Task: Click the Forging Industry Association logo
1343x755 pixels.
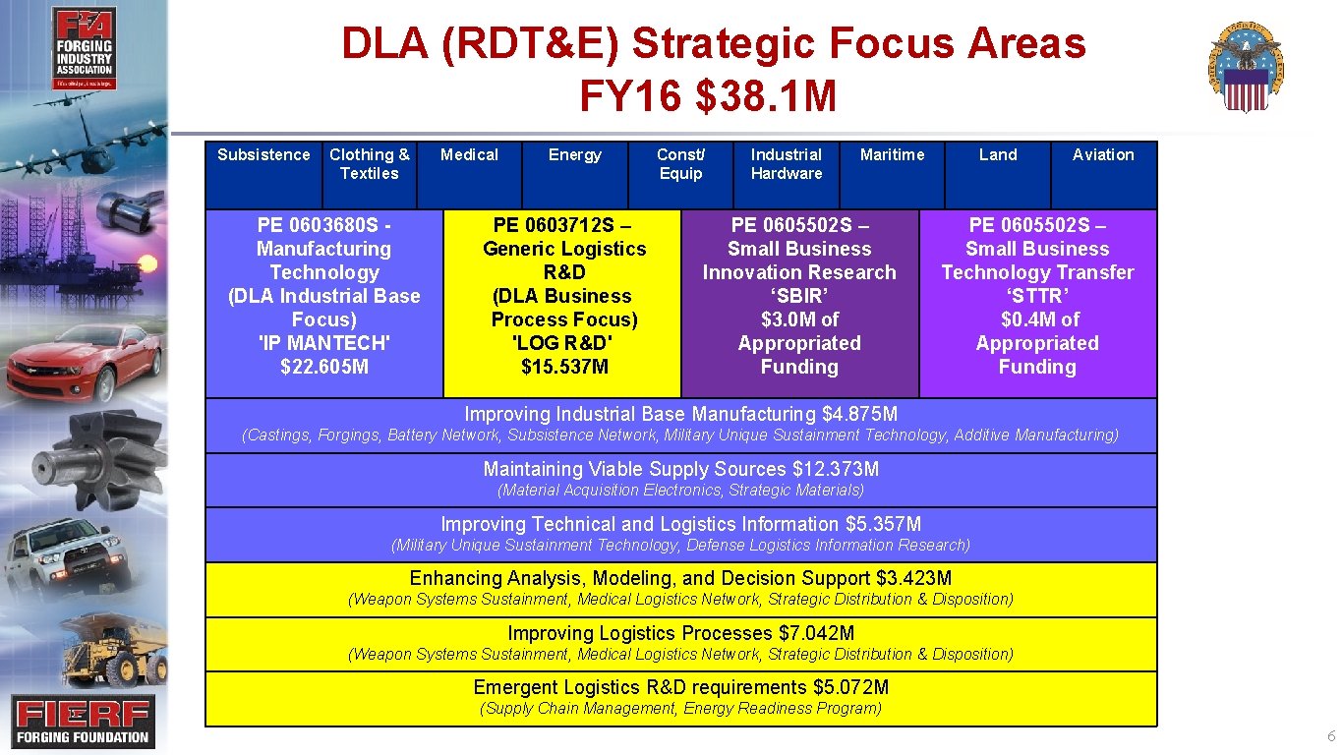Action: [85, 48]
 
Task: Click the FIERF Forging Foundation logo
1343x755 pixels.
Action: [83, 722]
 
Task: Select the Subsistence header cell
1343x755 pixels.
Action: [263, 155]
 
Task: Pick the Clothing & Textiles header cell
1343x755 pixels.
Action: [370, 164]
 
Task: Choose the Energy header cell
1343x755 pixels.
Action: [574, 155]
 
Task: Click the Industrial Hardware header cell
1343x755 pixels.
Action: [786, 164]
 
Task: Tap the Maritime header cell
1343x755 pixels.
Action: [892, 155]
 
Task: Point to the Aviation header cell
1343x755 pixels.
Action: [1103, 155]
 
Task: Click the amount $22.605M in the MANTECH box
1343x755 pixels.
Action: [324, 368]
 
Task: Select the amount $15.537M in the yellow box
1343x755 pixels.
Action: [564, 368]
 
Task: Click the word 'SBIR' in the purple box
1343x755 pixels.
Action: [799, 297]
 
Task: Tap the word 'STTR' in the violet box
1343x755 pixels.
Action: [1037, 297]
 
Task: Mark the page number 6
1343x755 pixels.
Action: [1331, 737]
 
